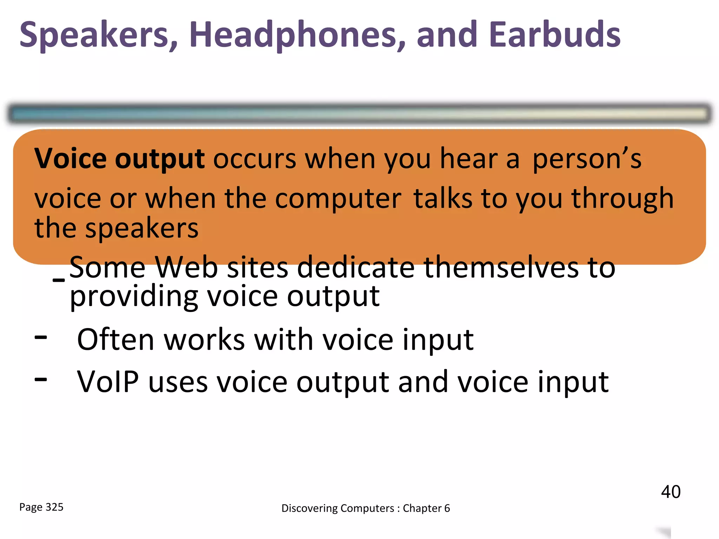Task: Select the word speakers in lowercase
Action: coord(142,229)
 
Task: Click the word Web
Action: coord(186,267)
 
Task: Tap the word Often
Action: coord(116,340)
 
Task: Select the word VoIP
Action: coord(108,382)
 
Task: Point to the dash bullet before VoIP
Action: coord(41,379)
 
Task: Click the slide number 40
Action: coord(671,492)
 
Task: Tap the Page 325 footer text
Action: coord(41,507)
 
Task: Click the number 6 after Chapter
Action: coord(447,508)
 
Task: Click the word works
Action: coord(204,340)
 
